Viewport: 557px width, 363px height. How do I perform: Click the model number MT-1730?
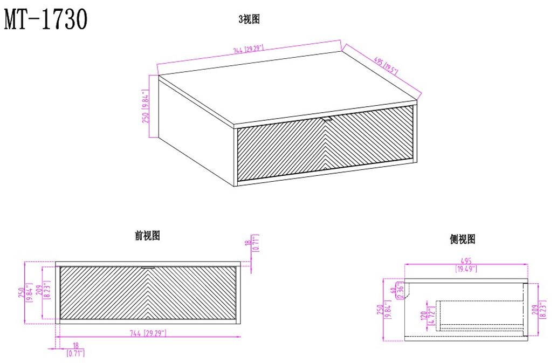point(45,20)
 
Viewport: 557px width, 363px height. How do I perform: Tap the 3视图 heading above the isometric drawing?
point(250,19)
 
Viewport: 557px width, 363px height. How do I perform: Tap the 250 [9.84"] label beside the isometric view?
point(145,108)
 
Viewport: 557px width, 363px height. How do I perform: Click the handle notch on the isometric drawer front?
point(326,118)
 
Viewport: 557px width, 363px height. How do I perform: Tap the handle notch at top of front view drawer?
point(147,266)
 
